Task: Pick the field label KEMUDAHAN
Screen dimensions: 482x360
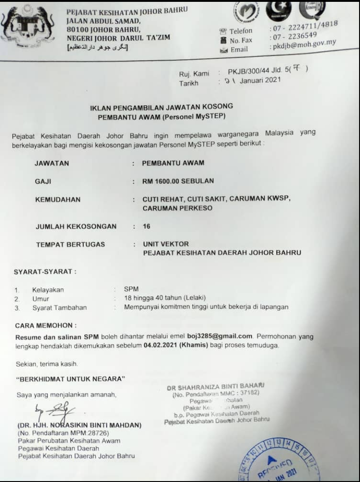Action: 58,200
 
